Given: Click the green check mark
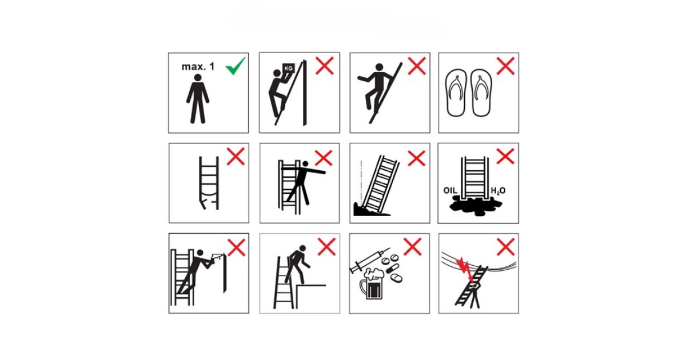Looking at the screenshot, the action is pos(235,66).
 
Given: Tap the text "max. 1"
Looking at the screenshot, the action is pos(198,66).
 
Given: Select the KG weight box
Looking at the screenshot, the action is pos(288,68).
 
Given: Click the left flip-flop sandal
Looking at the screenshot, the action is pos(456,93).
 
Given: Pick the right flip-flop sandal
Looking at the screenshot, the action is pos(481,93).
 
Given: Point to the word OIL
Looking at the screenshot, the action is pos(450,190).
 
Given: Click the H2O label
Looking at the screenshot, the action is pos(498,191).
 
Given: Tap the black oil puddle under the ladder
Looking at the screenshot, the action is pos(475,205).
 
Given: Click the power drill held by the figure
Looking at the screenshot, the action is pos(217,257).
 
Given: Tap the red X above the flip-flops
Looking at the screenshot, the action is pos(505,66).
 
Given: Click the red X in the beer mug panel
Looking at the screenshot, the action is pos(413,247).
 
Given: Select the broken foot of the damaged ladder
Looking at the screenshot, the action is pos(204,204).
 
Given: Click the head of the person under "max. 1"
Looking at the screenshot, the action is pos(198,78).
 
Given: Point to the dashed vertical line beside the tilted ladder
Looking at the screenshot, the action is pos(361,182).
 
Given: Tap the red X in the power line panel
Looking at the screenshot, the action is pos(505,247).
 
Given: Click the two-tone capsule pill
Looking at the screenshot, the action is pos(392,268).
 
